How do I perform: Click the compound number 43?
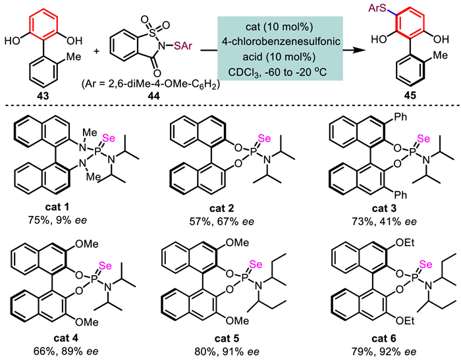point(41,96)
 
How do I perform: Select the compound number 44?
point(153,96)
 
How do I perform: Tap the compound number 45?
point(410,96)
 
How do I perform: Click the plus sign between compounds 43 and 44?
point(97,51)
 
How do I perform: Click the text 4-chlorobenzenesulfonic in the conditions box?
point(281,41)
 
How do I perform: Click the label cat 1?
point(57,207)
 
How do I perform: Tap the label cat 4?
point(66,338)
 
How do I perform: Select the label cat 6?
point(384,338)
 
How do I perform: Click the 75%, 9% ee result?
point(57,220)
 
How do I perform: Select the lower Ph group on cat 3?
point(400,195)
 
